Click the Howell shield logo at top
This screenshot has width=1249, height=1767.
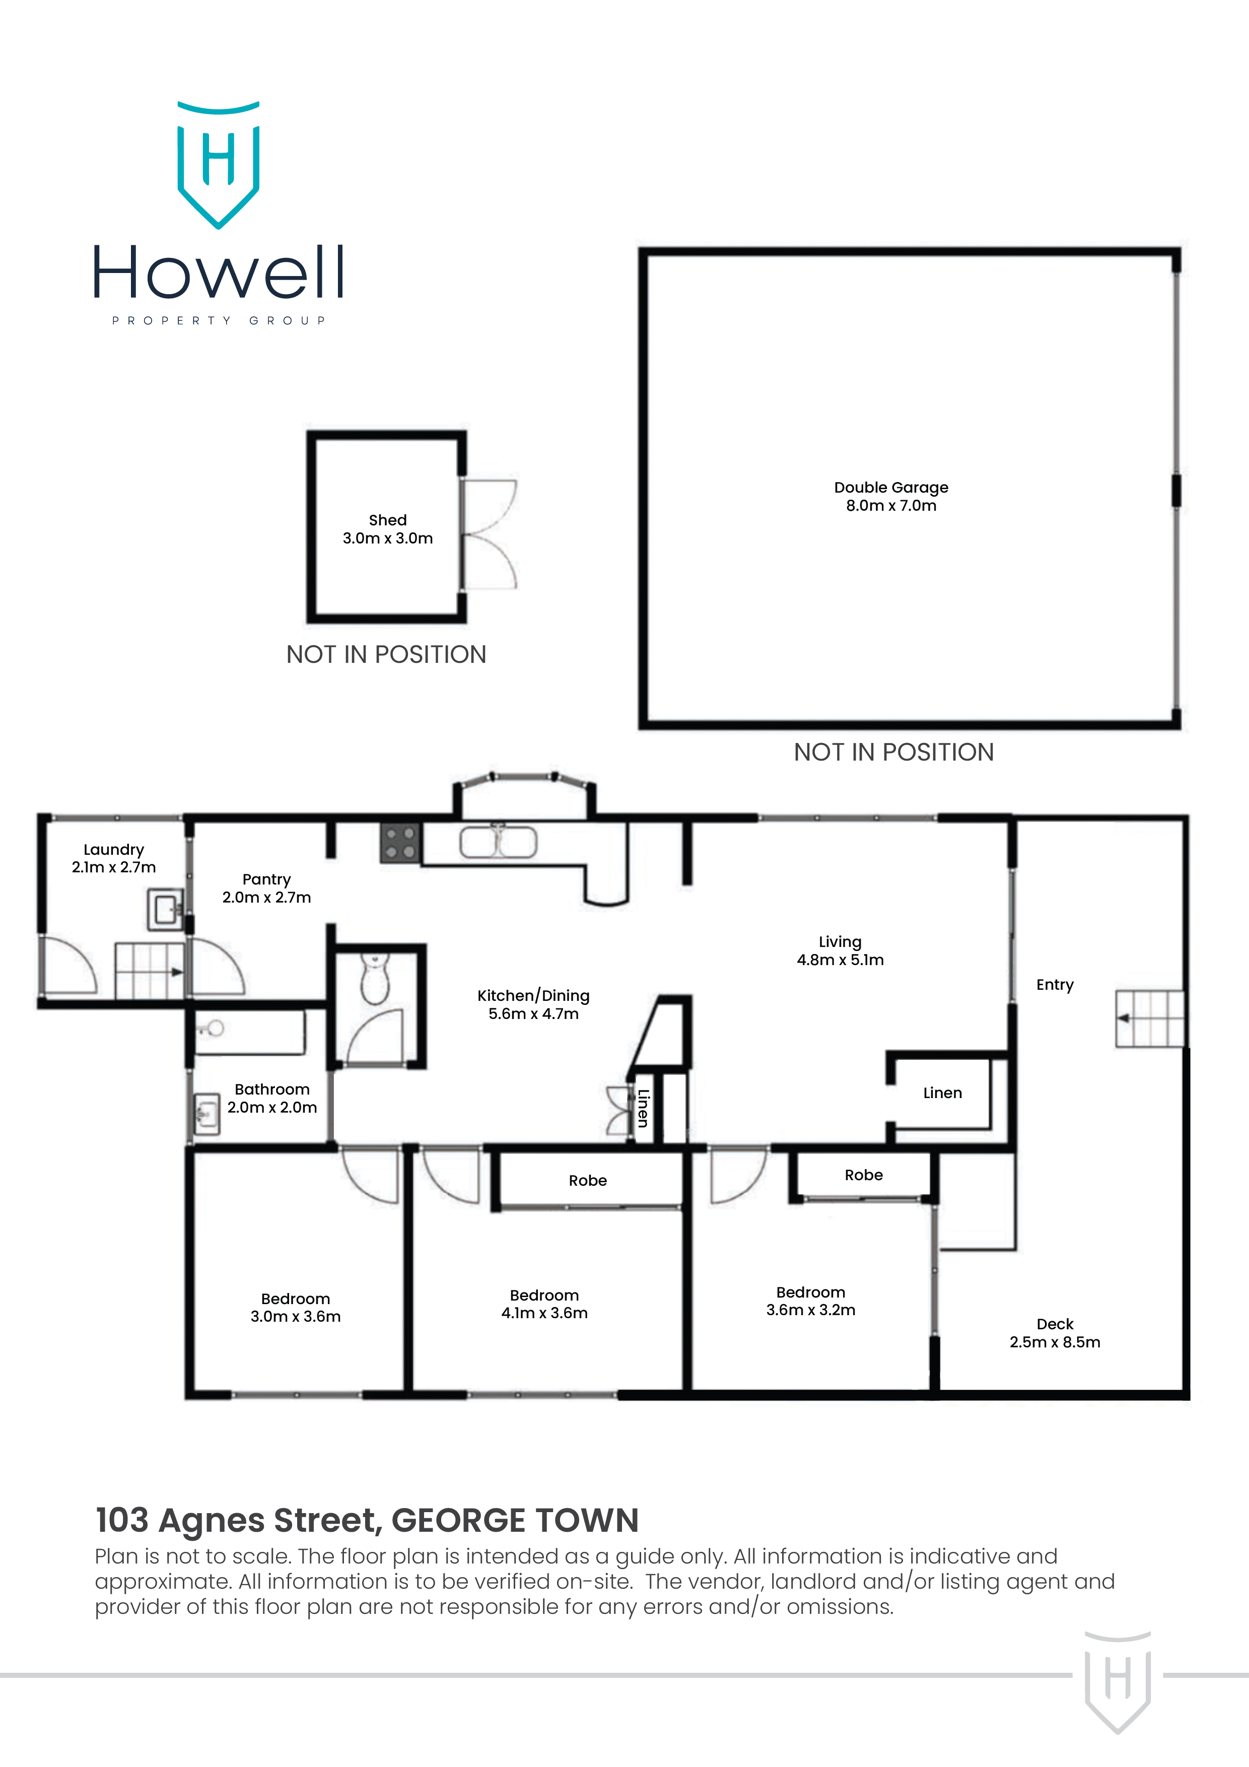coord(219,164)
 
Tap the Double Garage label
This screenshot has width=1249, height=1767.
coord(891,496)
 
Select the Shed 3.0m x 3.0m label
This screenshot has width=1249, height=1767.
coord(388,529)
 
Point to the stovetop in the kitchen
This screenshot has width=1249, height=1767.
coord(400,843)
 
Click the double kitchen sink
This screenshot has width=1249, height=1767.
coord(498,842)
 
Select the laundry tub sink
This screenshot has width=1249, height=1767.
coord(166,910)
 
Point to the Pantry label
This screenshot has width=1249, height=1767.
coord(266,879)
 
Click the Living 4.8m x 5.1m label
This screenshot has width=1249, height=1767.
coord(840,950)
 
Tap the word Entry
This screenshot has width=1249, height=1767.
coord(1054,985)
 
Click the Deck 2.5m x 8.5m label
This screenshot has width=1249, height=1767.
coord(1054,1333)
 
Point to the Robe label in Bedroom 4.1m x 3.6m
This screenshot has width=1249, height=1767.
coord(588,1181)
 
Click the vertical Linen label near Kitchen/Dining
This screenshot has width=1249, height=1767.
coord(643,1108)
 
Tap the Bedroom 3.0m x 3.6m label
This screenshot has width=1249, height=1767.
coord(296,1308)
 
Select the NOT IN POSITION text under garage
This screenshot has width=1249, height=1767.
coord(893,752)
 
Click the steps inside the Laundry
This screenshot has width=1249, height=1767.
coord(150,971)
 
